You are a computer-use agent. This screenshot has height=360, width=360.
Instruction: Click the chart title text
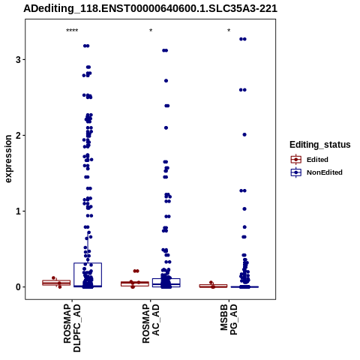[150, 8]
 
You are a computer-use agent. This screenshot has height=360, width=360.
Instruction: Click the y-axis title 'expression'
[8, 159]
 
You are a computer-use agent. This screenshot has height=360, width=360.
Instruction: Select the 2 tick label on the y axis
[18, 136]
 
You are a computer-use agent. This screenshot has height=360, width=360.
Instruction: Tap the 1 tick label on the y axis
[18, 211]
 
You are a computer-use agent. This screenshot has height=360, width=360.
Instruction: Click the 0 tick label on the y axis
[18, 287]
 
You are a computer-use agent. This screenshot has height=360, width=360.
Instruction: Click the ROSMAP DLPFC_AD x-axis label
[72, 328]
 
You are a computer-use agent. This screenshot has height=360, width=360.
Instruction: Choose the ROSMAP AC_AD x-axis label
[151, 324]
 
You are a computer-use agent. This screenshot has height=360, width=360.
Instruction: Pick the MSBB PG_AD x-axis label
[229, 319]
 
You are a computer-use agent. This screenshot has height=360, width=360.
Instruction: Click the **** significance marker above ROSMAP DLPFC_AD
[72, 31]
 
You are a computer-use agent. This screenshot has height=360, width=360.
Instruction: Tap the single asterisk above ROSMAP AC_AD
[151, 31]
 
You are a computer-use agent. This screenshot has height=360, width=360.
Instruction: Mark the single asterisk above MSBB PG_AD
[229, 31]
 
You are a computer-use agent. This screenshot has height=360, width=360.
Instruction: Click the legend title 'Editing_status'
[320, 145]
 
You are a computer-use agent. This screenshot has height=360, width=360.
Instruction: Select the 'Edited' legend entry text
[317, 160]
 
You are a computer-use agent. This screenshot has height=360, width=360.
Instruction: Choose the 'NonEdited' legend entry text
[325, 172]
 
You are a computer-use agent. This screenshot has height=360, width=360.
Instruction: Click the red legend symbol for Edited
[296, 160]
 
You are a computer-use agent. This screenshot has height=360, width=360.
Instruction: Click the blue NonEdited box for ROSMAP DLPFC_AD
[88, 263]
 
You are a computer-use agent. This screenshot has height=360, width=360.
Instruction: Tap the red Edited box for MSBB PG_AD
[213, 285]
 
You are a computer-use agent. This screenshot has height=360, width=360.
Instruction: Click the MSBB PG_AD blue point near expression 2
[244, 135]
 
